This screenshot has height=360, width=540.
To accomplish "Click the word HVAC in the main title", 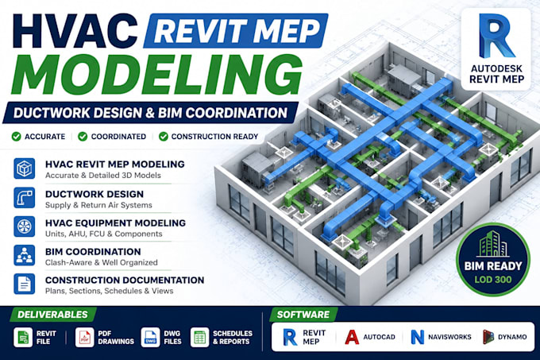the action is click(x=75, y=31).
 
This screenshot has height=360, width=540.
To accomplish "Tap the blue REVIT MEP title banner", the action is click(x=236, y=30).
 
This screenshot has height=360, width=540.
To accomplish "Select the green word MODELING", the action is click(x=157, y=74).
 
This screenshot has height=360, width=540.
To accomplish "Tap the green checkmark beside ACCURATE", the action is click(x=16, y=137).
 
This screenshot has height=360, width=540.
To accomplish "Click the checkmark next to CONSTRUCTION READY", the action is click(x=164, y=137).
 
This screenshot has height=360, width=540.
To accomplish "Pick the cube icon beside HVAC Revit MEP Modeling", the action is click(x=24, y=168).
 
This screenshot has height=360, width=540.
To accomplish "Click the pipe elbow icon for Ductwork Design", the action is click(x=24, y=198).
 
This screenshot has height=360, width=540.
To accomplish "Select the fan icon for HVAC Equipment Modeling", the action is click(x=24, y=226).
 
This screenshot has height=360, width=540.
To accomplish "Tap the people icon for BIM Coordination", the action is click(x=24, y=255).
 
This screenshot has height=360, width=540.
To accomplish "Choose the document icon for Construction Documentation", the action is click(x=24, y=284).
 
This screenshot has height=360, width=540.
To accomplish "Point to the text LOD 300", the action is click(x=493, y=280).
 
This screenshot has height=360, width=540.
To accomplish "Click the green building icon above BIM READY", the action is click(x=493, y=244).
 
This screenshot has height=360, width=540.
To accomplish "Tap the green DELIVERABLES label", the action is click(x=52, y=315).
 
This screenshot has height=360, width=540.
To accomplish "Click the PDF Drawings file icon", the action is click(x=84, y=337).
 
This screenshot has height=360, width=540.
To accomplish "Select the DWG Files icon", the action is click(x=150, y=337).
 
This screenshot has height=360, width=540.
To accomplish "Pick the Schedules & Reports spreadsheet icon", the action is click(x=200, y=337).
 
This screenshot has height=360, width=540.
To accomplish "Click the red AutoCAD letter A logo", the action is click(x=352, y=337).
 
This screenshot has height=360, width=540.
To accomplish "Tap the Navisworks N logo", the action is click(x=418, y=337).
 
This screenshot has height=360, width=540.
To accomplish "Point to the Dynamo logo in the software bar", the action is click(x=488, y=337).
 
